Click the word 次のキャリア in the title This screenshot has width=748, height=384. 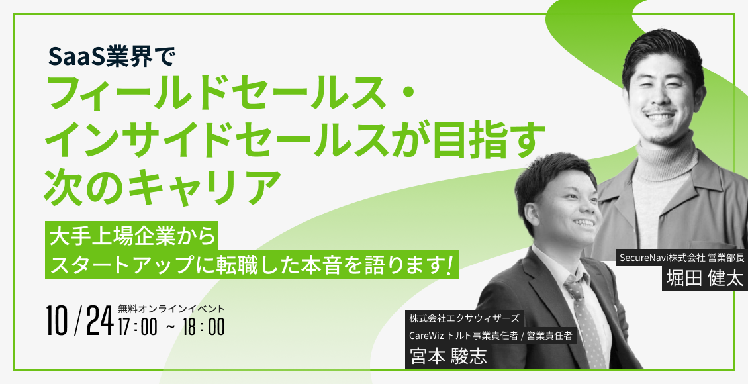pos(162,185)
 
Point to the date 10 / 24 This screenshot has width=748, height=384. pos(79,320)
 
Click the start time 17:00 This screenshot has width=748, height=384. pos(138,327)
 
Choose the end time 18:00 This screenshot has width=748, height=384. pos(204,327)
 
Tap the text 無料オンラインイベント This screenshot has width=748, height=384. pos(171,309)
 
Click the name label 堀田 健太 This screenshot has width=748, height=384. pos(704,279)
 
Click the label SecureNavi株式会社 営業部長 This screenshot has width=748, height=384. pos(682,258)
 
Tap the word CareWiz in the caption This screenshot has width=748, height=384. pos(426,336)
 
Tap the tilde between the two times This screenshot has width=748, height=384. pos(170,328)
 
